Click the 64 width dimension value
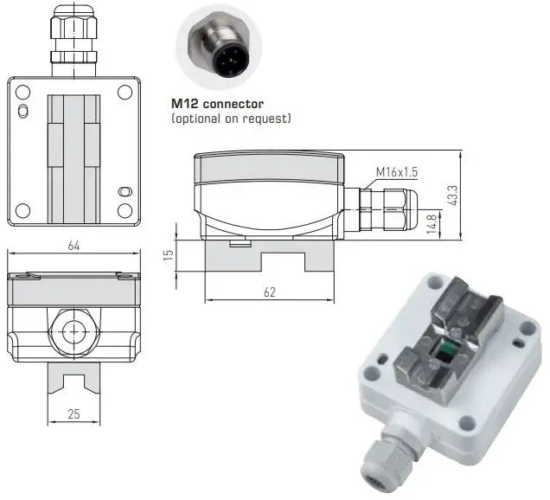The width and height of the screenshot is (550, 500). click(x=74, y=247)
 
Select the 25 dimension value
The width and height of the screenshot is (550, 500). click(x=74, y=413)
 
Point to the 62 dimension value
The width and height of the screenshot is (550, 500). click(x=269, y=292)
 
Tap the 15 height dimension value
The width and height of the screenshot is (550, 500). click(x=169, y=254)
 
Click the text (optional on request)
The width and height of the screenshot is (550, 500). click(x=231, y=117)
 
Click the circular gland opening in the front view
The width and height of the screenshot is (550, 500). click(x=74, y=330)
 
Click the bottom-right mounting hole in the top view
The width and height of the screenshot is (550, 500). click(x=125, y=209)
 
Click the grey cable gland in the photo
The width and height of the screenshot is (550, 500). click(x=384, y=455)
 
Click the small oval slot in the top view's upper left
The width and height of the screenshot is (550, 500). click(x=24, y=109)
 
